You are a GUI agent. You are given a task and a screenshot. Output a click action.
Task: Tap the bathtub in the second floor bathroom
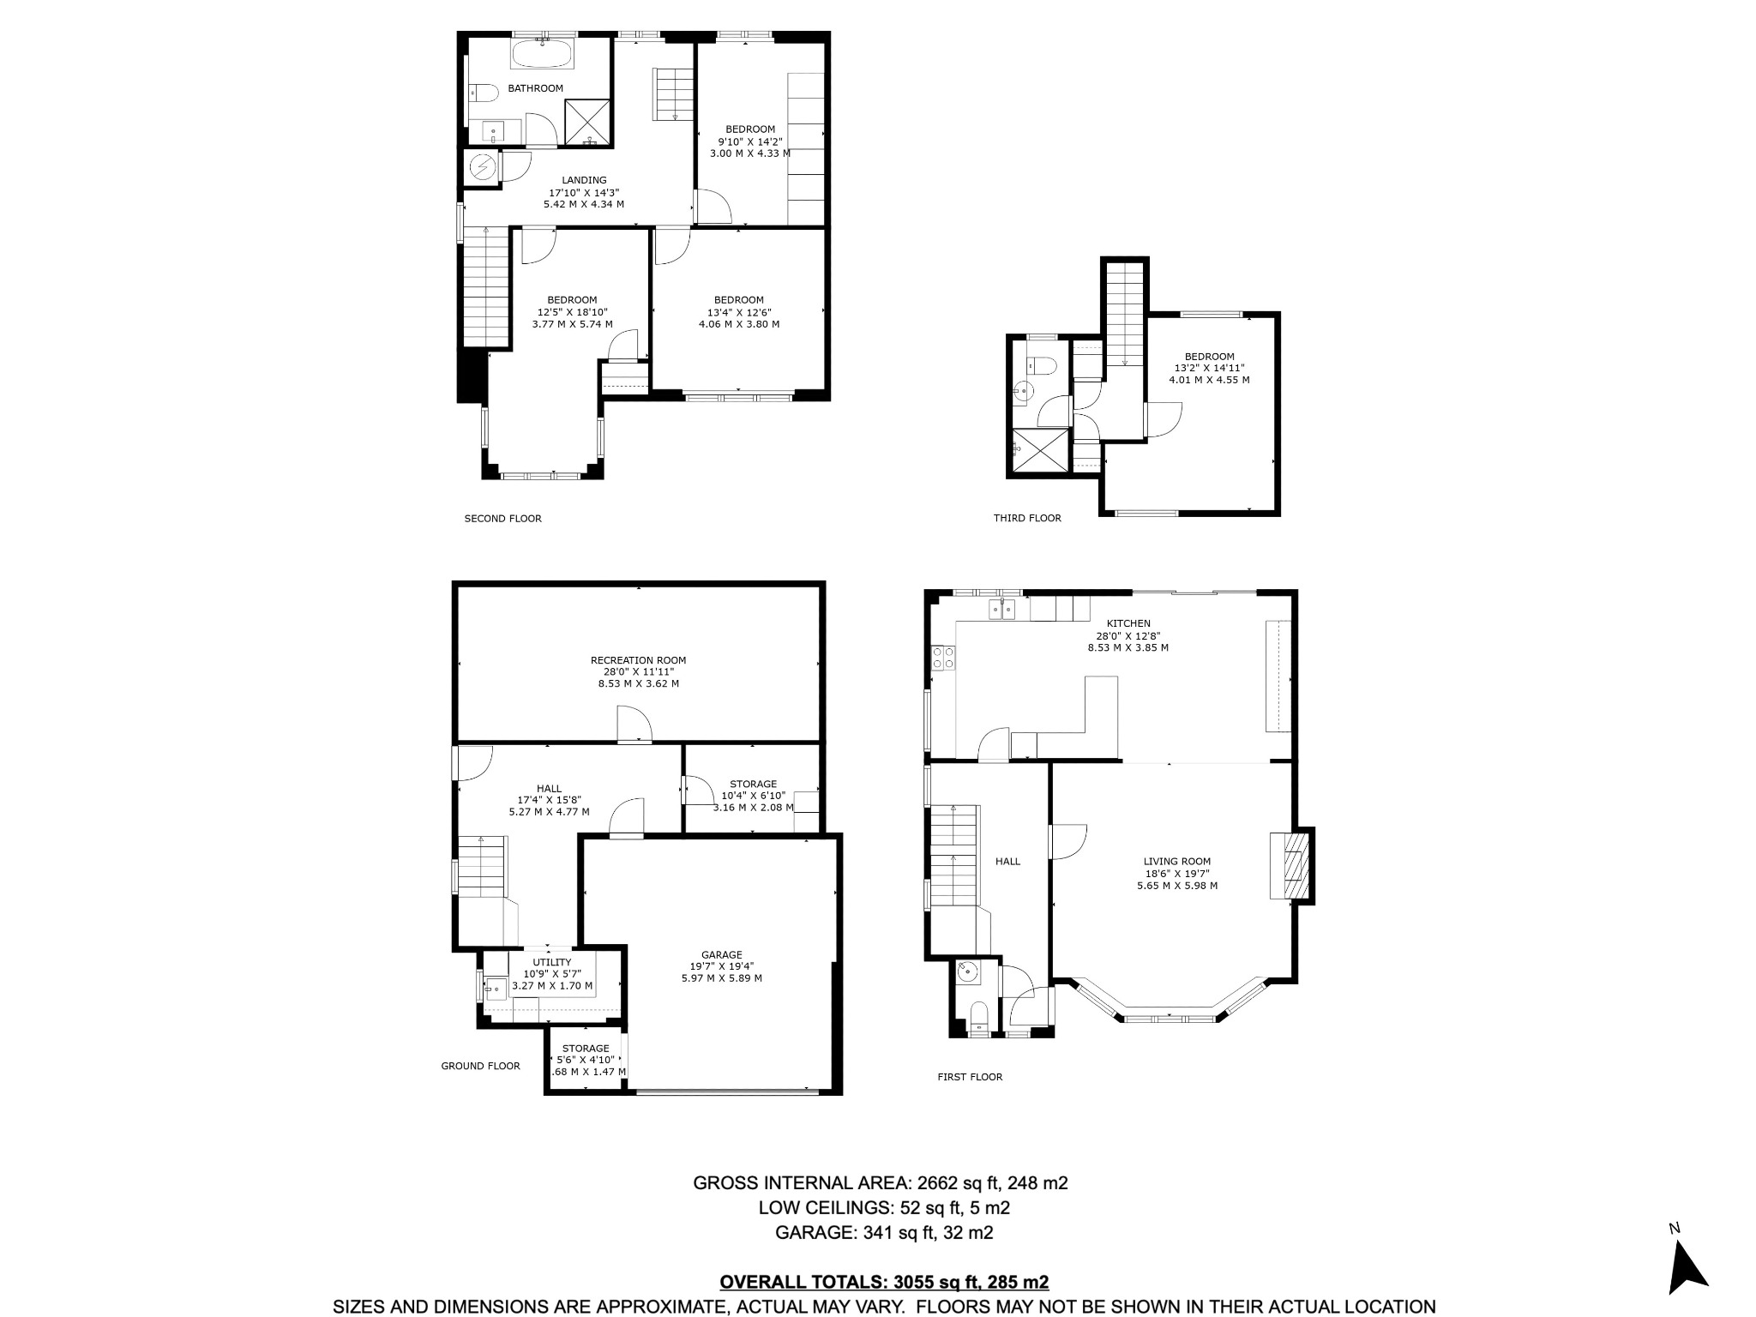point(543,53)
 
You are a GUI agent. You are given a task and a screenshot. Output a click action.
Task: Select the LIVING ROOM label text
point(1177,862)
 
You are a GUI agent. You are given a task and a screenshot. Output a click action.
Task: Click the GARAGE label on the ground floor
point(722,954)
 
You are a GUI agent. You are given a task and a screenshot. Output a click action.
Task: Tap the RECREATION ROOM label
point(639,660)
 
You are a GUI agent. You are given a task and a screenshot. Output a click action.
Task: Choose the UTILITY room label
point(552,962)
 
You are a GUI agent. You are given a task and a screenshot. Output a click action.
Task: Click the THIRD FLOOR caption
point(1027,518)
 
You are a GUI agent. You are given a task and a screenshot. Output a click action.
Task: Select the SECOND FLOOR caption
point(503,518)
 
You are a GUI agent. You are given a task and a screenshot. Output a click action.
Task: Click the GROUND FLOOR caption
point(480,1066)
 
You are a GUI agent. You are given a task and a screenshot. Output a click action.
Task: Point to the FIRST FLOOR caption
point(970,1077)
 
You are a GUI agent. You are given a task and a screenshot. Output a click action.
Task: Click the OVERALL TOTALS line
point(884,1282)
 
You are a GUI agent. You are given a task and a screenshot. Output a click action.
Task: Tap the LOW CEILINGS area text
point(884,1208)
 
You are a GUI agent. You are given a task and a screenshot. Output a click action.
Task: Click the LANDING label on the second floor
point(585,180)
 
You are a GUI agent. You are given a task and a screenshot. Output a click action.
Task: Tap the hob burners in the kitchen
point(944,658)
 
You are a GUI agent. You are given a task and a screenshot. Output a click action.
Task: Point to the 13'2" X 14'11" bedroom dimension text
point(1210,368)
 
